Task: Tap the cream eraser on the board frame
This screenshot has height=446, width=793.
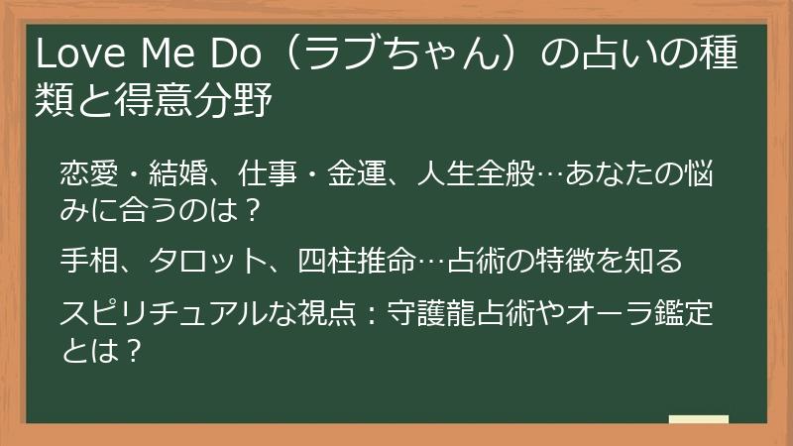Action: click(x=698, y=420)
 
